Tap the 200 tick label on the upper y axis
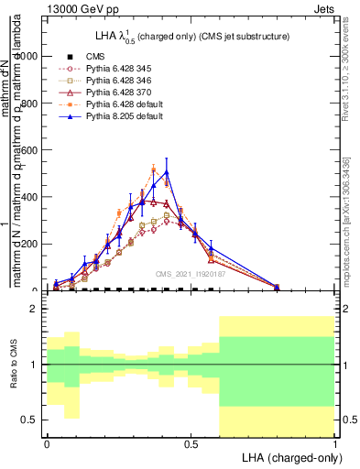tap(30, 244)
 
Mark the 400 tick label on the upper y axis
tap(30, 197)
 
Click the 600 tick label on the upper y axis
tap(30, 150)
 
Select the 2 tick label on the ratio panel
tap(36, 309)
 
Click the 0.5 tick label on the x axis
tap(191, 443)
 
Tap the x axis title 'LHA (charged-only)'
tap(286, 457)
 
